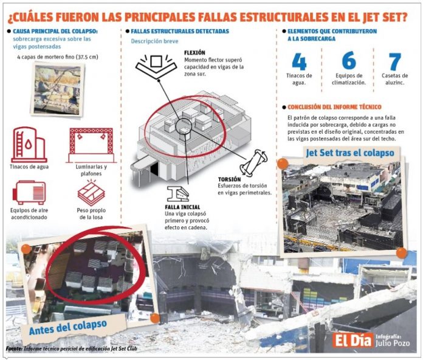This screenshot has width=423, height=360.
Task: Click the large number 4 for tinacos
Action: pos(299,61)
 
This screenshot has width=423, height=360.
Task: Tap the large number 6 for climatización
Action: pos(349,61)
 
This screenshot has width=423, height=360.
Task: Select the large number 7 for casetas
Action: pos(395,61)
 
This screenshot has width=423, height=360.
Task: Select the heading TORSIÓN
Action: pos(230,179)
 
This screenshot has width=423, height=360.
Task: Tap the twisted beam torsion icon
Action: pos(256,161)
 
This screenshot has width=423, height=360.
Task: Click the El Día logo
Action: pos(351,338)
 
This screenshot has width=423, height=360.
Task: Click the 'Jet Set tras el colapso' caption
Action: pos(350,152)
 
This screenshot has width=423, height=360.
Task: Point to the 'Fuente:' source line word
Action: pos(15,350)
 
